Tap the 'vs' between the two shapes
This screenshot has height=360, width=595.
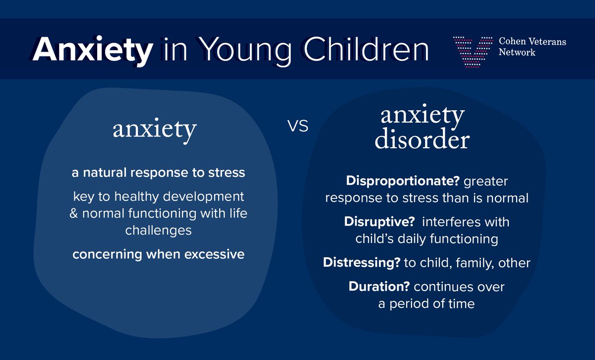click(298, 126)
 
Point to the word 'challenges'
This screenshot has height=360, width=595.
click(158, 231)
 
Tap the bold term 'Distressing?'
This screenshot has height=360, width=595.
click(362, 263)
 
